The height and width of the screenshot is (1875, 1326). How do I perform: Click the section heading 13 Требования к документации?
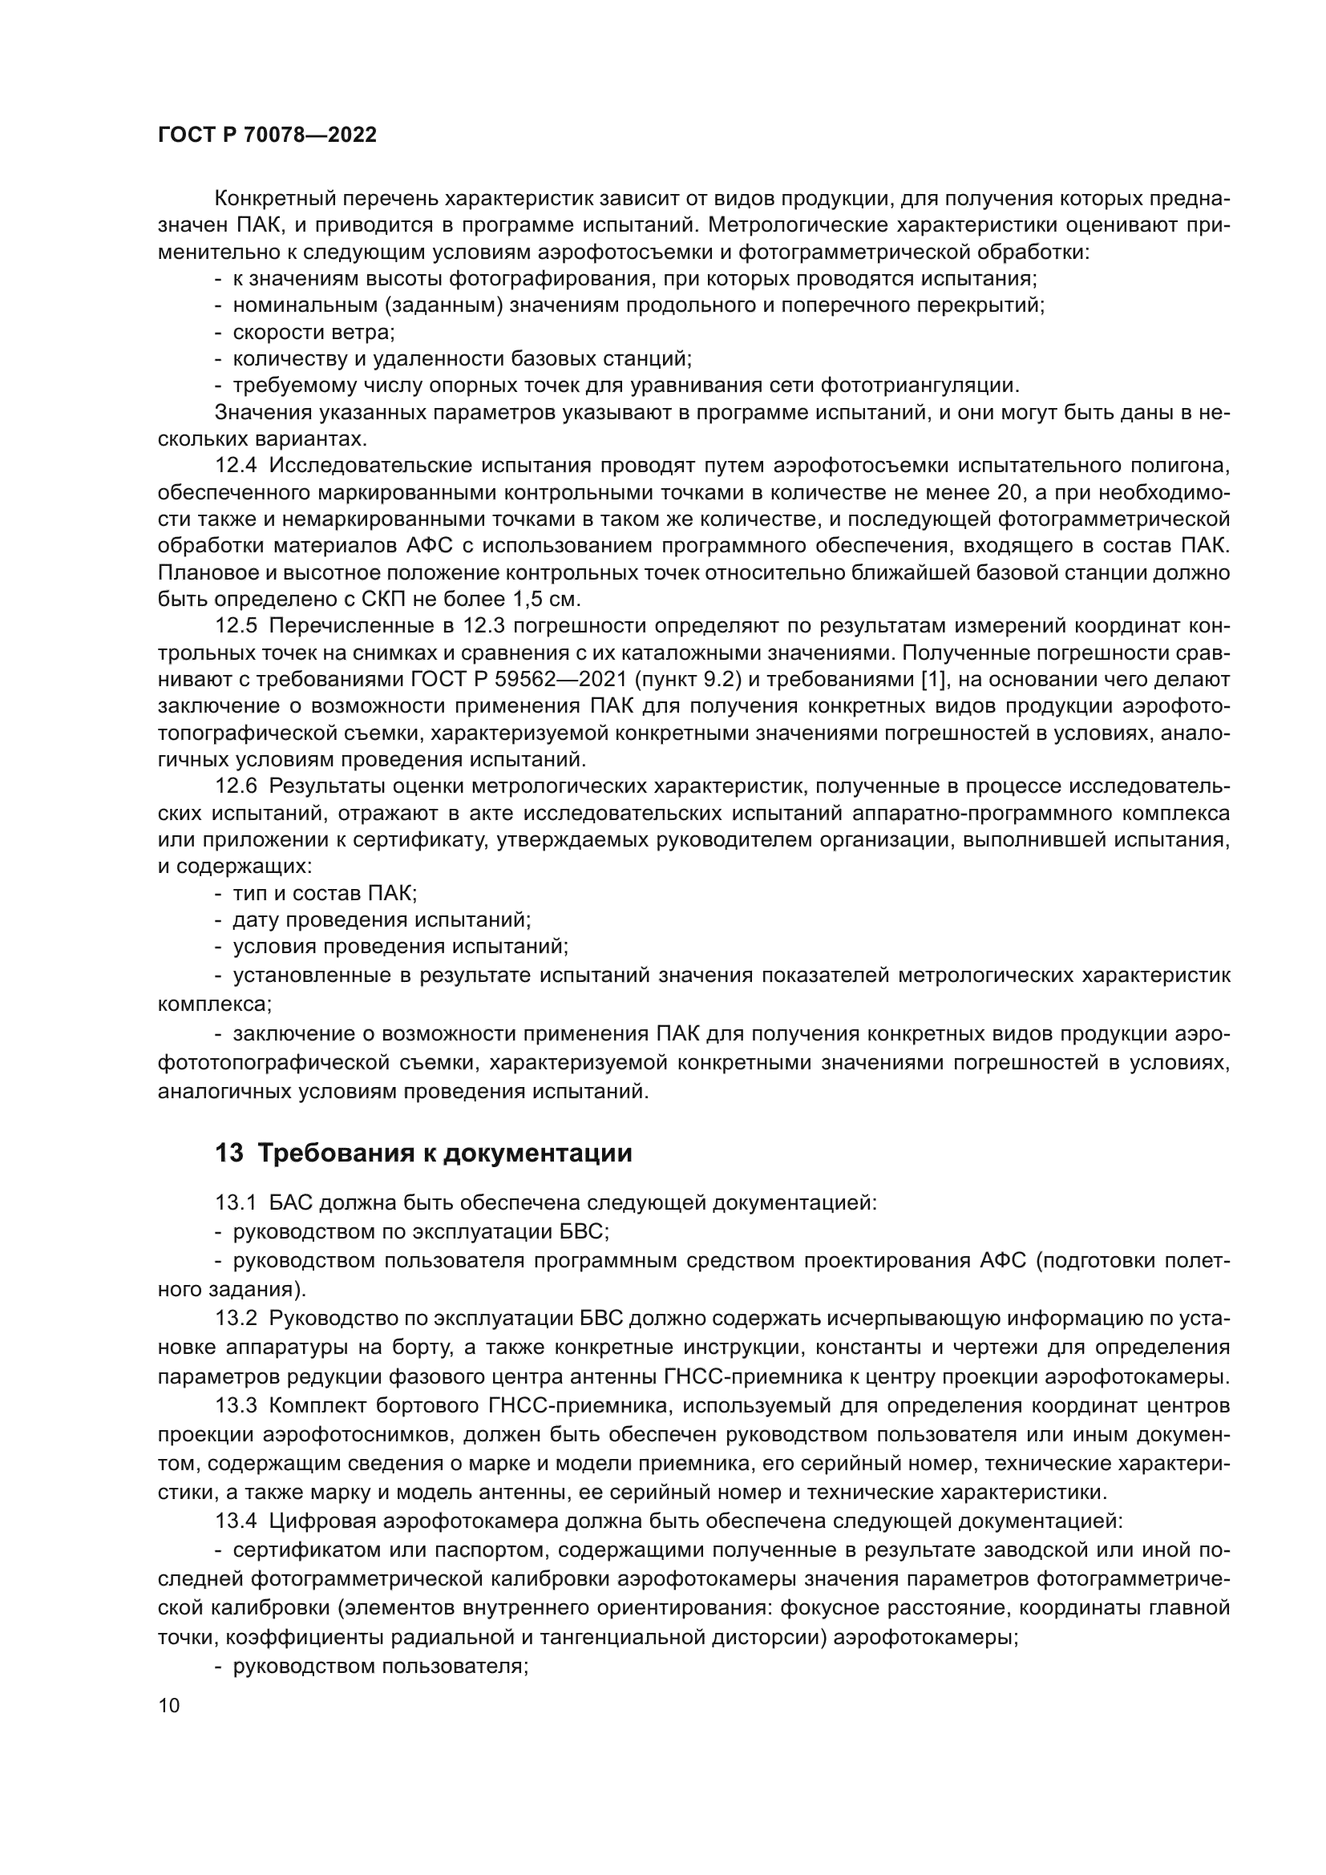423,1153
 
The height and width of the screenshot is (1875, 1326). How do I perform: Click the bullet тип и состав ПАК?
324,892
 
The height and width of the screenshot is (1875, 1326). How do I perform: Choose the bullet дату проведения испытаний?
382,919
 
